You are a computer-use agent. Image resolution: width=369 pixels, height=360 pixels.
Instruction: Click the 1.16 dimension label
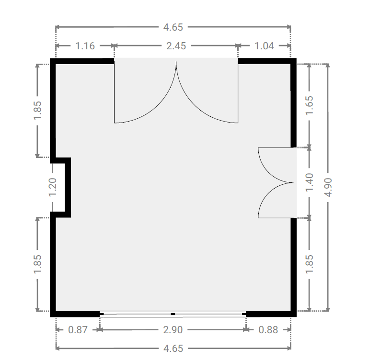point(85,46)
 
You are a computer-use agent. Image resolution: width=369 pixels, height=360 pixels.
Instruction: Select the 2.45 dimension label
point(176,46)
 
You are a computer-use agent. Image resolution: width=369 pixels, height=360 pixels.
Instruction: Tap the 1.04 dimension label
point(264,46)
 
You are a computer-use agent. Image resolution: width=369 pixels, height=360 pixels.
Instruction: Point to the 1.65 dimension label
point(309,105)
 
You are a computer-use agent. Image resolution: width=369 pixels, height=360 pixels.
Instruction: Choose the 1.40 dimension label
point(309,182)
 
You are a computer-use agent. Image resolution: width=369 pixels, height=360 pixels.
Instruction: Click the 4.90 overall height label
point(328,187)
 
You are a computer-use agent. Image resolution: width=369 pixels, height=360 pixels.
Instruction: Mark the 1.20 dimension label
point(52,187)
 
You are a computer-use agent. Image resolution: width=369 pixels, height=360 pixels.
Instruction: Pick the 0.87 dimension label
point(78,330)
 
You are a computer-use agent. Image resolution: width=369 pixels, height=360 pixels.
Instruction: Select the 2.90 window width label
point(173,330)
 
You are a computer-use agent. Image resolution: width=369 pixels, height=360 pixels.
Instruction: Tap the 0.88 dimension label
point(268,330)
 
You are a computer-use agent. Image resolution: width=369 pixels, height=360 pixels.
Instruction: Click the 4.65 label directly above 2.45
point(173,27)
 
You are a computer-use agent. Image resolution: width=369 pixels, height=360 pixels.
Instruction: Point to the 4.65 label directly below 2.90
point(173,349)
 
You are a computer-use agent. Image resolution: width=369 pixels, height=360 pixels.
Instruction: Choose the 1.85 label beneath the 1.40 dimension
point(309,264)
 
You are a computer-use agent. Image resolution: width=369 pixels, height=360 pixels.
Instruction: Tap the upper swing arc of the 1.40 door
point(268,172)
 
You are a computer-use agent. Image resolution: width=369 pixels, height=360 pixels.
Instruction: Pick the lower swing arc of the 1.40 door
point(268,193)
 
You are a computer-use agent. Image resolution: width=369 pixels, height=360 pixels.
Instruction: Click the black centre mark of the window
point(173,314)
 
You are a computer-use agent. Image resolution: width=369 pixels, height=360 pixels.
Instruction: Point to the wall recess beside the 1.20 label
point(68,187)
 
